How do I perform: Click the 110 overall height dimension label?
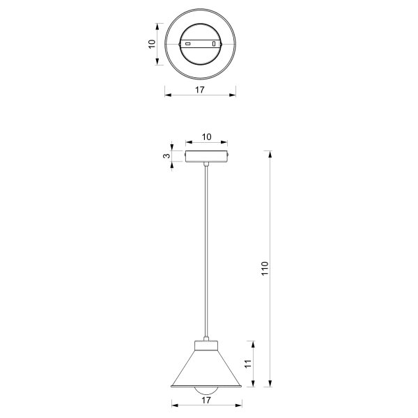coord(265,268)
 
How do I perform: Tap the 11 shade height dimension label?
coord(248,364)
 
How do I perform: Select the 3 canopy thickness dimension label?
coord(167,155)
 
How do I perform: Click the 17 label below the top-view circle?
coord(200,90)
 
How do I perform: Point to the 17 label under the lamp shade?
coord(206,400)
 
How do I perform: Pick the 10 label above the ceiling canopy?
coord(207,137)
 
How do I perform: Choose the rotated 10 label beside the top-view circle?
coord(152,44)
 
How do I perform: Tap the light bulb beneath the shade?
coord(206,391)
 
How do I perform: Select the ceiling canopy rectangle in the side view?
coord(207,157)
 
